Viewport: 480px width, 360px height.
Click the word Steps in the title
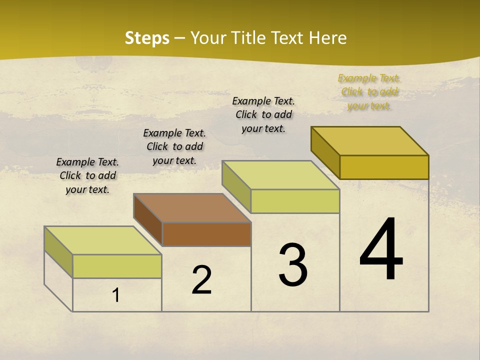pos(147,38)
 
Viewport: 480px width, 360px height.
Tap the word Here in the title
pos(327,38)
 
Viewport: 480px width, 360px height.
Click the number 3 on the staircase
pos(293,265)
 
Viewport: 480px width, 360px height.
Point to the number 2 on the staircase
pos(202,280)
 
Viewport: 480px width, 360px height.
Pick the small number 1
pos(116,295)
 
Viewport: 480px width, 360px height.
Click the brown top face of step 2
pos(192,208)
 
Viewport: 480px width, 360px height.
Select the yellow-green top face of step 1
pos(103,240)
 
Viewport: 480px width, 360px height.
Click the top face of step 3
pos(281,175)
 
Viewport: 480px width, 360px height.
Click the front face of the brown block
pos(206,234)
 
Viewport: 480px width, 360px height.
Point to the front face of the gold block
pos(384,167)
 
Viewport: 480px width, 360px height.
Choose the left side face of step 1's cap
pos(58,252)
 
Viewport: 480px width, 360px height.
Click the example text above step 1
pos(87,175)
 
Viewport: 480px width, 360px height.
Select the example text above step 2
pos(174,146)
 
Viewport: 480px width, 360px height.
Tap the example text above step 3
pos(263,114)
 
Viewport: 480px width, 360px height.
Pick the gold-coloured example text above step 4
pos(369,91)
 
